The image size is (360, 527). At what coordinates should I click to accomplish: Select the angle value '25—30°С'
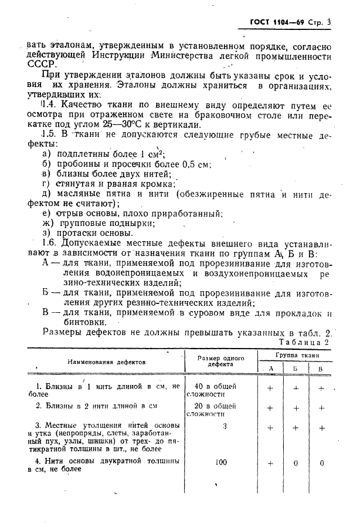(x=139, y=124)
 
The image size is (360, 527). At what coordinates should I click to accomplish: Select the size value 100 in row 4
(x=220, y=462)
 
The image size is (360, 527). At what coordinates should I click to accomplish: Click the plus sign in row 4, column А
(x=270, y=462)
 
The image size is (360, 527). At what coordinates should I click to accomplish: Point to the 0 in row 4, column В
(x=320, y=462)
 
